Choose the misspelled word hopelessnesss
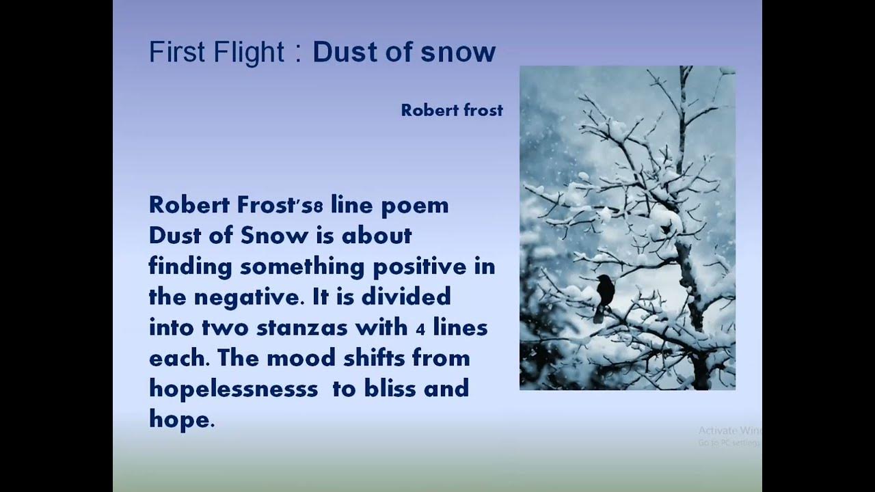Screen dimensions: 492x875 coord(233,389)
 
